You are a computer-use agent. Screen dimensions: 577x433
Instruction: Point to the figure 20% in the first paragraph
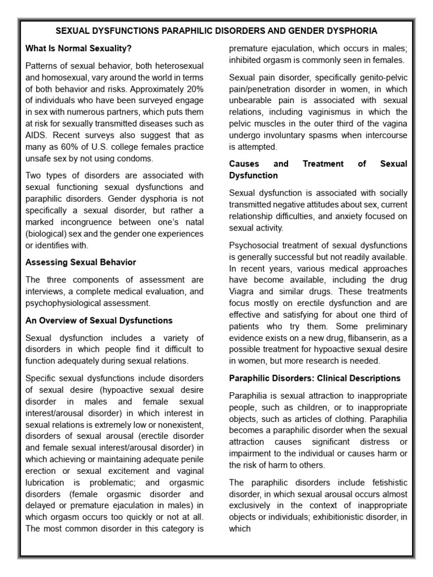click(x=193, y=89)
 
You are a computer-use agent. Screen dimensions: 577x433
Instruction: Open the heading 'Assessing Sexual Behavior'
click(x=81, y=262)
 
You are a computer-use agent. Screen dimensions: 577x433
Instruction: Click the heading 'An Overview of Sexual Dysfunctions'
click(x=99, y=320)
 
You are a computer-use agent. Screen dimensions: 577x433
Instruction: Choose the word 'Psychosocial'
click(x=255, y=245)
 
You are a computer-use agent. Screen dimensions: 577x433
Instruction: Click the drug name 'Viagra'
click(x=243, y=291)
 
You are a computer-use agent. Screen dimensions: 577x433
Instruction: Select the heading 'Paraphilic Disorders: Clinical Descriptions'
click(x=315, y=378)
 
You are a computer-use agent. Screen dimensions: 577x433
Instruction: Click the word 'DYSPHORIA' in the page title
click(x=350, y=30)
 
